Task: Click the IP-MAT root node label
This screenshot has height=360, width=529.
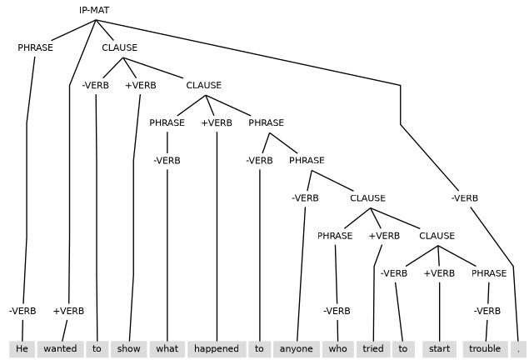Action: (94, 10)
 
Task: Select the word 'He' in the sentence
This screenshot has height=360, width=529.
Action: (22, 348)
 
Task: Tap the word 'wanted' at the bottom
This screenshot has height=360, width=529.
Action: (60, 348)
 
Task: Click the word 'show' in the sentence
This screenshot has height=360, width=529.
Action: (129, 348)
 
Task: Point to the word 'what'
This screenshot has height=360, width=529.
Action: (167, 348)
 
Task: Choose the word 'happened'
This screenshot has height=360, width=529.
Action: (217, 348)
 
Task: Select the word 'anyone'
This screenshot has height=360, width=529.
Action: (296, 348)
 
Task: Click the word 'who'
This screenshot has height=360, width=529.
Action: (337, 348)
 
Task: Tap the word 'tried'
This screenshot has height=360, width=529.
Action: (373, 348)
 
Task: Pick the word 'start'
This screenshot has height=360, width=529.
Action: (439, 348)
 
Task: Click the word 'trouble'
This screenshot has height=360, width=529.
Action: (485, 348)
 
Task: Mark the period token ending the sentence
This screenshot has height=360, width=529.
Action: (517, 348)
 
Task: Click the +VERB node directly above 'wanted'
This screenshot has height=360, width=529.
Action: (68, 311)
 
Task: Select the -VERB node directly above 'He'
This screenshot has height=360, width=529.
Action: (22, 311)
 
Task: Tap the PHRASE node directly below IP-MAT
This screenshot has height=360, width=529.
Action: (35, 47)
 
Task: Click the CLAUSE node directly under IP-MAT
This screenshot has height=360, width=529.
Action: (120, 47)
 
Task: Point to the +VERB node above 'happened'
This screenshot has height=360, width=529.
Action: (217, 122)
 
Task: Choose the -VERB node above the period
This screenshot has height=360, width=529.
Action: (465, 198)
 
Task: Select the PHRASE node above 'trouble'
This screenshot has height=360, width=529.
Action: (489, 273)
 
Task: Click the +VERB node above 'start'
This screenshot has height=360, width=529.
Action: (439, 273)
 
